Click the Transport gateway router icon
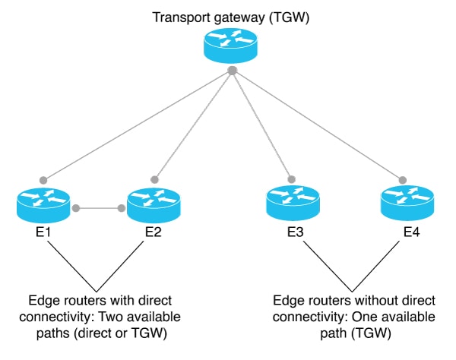point(231,45)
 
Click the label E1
point(44,232)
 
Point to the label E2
point(154,232)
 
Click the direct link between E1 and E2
point(99,206)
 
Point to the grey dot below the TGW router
point(232,71)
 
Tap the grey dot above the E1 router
point(44,179)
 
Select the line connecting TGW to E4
point(319,126)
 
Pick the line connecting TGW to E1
point(137,125)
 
